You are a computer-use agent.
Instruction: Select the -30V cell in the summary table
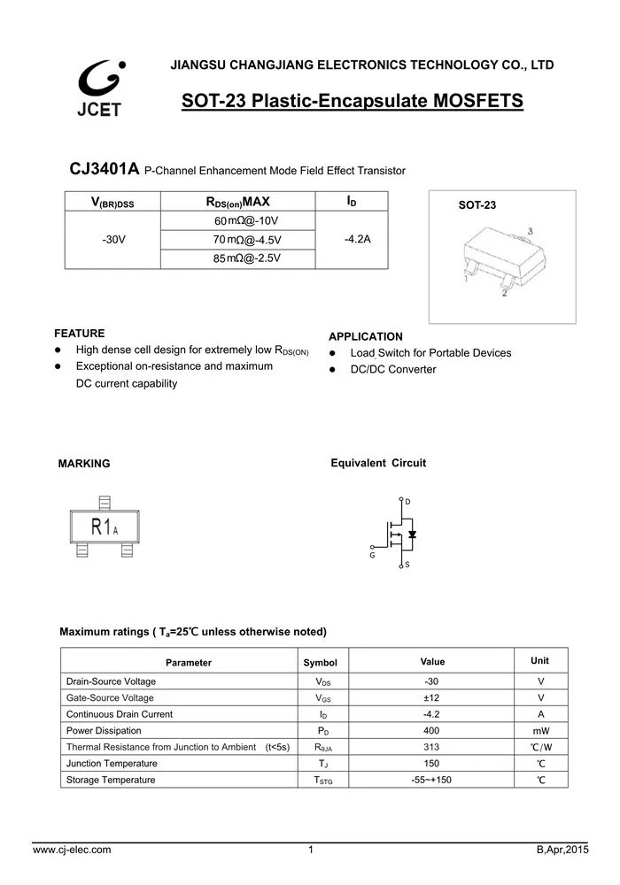click(113, 239)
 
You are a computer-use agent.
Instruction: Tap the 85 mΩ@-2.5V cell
click(246, 258)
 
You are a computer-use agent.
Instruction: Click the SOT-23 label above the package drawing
click(477, 205)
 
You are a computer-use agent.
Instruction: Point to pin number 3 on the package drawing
click(530, 232)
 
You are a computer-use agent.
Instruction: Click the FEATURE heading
click(80, 334)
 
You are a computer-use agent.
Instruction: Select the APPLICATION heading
click(365, 336)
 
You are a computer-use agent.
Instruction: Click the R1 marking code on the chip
click(101, 527)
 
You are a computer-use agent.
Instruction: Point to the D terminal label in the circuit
click(407, 502)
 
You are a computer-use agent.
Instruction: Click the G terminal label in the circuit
click(372, 555)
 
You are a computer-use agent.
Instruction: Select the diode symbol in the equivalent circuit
click(413, 534)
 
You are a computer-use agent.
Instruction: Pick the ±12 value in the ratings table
click(432, 697)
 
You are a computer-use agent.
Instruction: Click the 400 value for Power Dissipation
click(432, 730)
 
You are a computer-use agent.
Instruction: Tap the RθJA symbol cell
click(323, 747)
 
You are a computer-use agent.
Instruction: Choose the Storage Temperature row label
click(111, 780)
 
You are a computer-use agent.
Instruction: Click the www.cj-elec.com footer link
click(72, 850)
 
